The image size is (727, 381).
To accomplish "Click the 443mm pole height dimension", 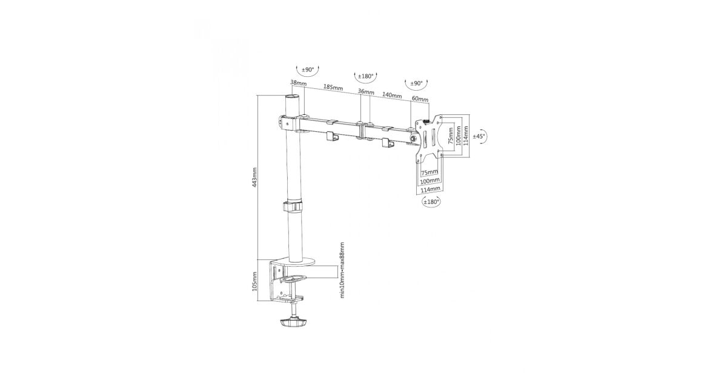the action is coord(254,178).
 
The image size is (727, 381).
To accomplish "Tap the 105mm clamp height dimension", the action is coord(254,281).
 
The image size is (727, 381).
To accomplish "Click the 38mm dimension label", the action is coord(298,83).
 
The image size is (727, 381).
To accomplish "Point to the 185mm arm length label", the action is coord(333,88).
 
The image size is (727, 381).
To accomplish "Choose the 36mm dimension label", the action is coord(366,92).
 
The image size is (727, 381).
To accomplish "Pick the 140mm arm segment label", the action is coord(392,96).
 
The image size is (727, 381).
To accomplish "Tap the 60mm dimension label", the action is coord(420,99).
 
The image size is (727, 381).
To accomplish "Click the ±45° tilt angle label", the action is coord(479,137).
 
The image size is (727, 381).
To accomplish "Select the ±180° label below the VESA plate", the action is coord(431,201).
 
